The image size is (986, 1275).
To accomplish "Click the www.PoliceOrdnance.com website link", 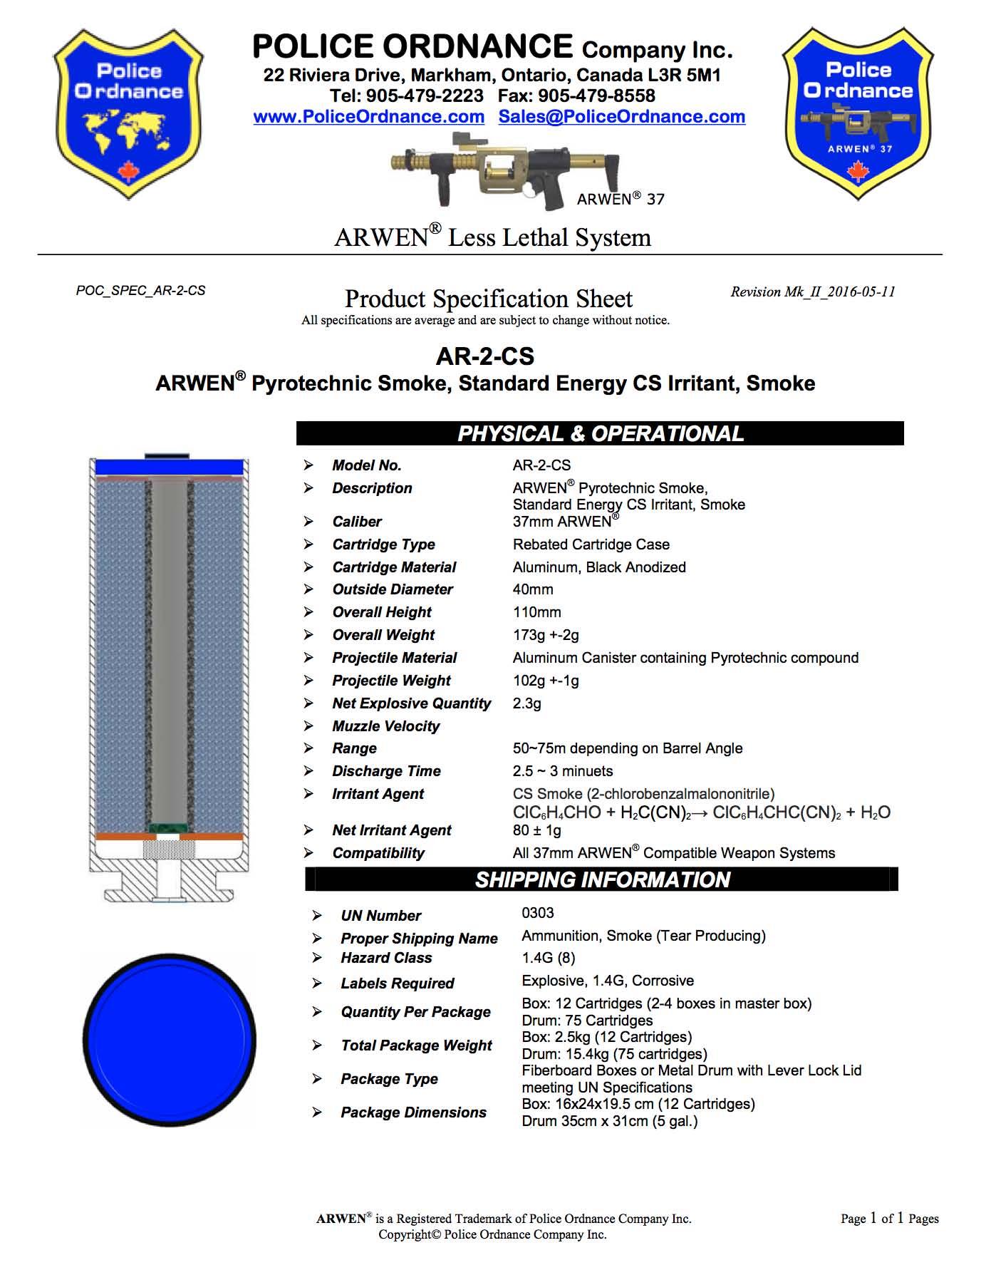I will point(368,117).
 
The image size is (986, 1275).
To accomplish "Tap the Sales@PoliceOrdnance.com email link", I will point(621,117).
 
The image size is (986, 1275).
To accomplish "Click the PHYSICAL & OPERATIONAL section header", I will point(600,433).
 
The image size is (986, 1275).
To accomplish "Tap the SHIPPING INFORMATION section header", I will point(602,879).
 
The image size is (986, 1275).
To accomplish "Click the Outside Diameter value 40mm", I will point(533,589).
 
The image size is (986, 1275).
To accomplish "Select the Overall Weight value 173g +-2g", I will point(546,635).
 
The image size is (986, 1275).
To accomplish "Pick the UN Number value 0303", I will point(538,913).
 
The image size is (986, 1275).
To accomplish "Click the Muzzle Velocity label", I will point(385,726).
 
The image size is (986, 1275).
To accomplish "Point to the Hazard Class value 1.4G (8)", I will point(549,958).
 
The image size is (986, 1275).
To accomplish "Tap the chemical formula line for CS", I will point(701,812).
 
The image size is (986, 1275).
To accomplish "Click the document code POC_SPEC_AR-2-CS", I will point(140,291).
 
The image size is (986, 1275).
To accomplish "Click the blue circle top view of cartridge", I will point(170,1040).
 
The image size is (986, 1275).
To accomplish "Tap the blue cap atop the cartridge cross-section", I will point(170,467).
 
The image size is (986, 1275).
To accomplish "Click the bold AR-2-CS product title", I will point(484,356).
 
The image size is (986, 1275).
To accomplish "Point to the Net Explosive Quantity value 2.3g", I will point(527,703).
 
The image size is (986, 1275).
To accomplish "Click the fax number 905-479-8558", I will point(596,96).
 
